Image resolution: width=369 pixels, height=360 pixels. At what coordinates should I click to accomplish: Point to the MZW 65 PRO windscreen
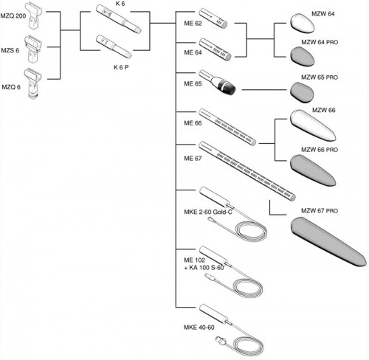[305, 91]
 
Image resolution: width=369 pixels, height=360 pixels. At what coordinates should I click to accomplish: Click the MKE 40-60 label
[193, 328]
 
